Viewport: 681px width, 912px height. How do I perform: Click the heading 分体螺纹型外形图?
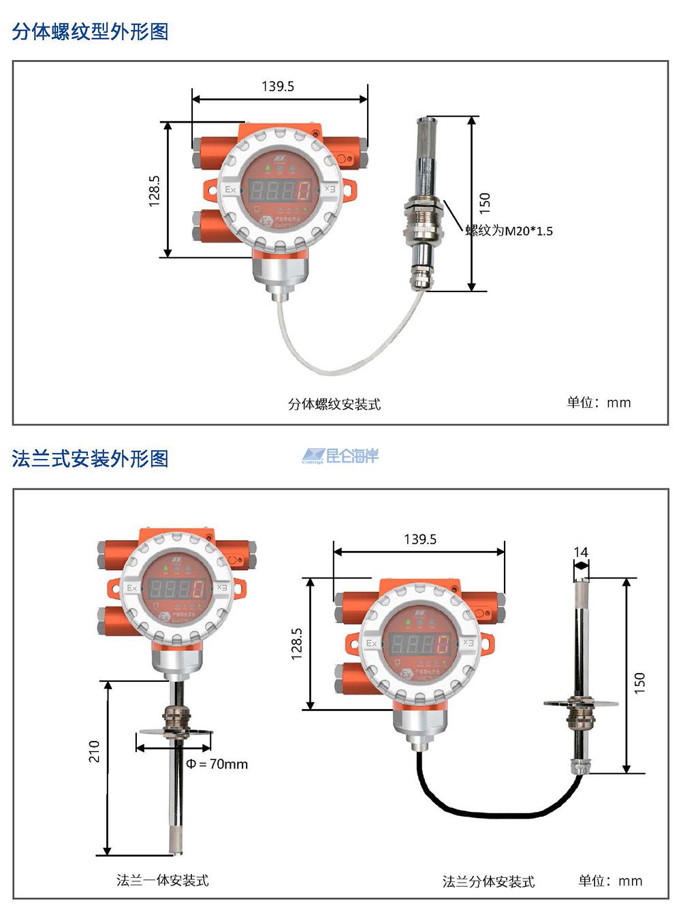click(90, 31)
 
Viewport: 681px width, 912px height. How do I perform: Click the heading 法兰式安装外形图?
click(90, 458)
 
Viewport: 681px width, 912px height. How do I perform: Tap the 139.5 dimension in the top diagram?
click(278, 87)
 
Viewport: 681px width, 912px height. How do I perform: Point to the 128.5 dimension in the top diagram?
click(155, 190)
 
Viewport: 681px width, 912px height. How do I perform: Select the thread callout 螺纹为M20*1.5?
click(509, 231)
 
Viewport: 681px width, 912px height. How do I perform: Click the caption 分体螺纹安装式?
click(334, 404)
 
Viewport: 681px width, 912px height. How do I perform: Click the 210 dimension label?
click(94, 751)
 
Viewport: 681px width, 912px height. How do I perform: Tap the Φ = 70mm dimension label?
click(217, 764)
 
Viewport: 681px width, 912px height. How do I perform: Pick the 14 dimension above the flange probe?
click(581, 552)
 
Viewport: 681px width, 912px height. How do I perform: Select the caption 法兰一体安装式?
click(162, 880)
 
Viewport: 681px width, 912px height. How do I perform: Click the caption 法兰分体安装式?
click(488, 881)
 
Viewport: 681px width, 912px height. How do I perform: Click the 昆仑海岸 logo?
click(340, 456)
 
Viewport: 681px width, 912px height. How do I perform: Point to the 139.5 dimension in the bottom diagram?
click(419, 539)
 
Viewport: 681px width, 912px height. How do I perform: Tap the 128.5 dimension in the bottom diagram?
click(296, 644)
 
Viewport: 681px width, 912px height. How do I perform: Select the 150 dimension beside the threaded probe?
click(484, 202)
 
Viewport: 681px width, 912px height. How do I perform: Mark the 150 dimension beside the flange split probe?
click(639, 682)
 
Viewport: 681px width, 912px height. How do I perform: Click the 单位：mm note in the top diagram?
click(599, 403)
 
